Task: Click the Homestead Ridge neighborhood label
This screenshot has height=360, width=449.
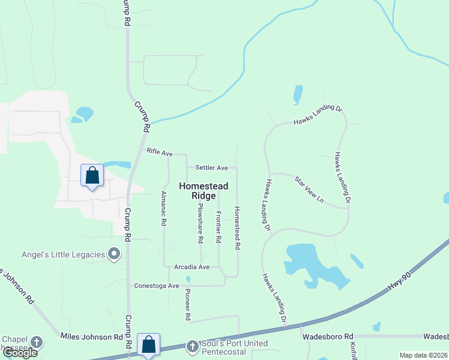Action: pos(203,191)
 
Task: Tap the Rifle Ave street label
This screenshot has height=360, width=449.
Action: pos(159,152)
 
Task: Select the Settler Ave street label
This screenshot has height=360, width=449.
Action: pos(211,168)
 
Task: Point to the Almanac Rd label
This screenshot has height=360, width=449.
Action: pos(163,208)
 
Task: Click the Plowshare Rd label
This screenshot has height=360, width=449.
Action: pos(200,223)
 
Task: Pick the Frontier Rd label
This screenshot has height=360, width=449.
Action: pos(218,227)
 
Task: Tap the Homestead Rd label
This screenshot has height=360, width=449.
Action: pos(237,228)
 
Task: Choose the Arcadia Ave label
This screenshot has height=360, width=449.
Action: pos(191,266)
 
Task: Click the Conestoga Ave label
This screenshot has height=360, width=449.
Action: pos(157,286)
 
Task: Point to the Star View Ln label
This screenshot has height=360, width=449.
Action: pos(309,190)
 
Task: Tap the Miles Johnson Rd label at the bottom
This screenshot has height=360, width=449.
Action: pos(92,337)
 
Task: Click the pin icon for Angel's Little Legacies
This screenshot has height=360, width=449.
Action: pos(114,255)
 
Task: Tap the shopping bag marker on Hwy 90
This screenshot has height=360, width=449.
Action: pos(148,344)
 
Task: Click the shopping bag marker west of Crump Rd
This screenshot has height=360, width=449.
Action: pos(92,175)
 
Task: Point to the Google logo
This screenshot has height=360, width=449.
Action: pos(20,352)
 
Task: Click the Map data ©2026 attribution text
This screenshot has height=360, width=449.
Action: pos(423,355)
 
